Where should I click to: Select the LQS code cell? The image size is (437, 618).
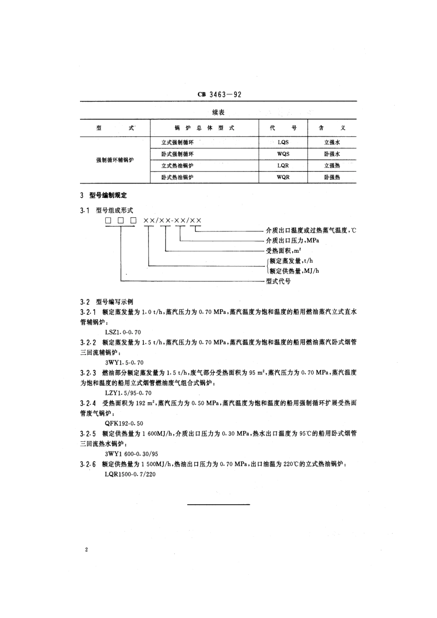(x=283, y=143)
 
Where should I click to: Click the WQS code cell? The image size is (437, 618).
(x=283, y=154)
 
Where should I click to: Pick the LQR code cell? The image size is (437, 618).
(x=283, y=166)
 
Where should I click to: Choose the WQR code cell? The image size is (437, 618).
(x=283, y=177)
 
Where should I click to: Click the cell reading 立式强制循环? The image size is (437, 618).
(x=178, y=143)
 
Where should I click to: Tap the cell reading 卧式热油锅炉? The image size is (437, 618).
(x=178, y=177)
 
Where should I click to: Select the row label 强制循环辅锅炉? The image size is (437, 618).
(x=115, y=160)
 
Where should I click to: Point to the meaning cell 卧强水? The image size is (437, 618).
(x=332, y=154)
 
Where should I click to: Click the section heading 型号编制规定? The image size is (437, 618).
(x=108, y=195)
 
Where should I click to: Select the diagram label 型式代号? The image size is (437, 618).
(x=278, y=281)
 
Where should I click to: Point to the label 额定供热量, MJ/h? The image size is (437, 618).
(x=294, y=271)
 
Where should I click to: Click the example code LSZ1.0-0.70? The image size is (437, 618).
(x=123, y=332)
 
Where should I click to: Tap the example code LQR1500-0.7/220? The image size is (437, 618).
(x=130, y=474)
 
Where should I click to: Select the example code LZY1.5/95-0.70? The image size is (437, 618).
(x=128, y=393)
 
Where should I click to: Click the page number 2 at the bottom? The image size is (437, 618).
(x=86, y=550)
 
